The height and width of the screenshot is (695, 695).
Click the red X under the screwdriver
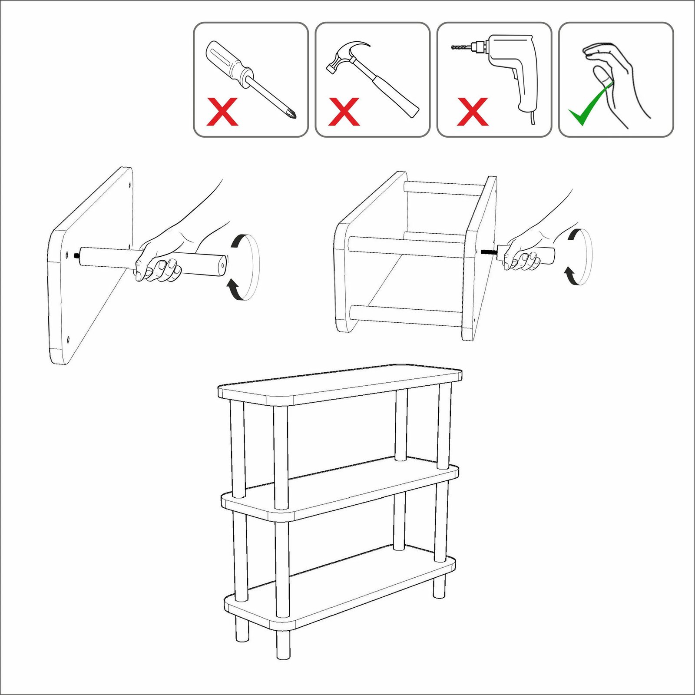pos(222,112)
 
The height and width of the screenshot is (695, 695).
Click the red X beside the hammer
pos(344,112)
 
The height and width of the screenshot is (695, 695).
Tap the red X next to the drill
pos(473,112)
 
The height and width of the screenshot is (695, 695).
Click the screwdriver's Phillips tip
pos(292,115)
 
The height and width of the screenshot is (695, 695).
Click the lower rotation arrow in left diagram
pos(235,290)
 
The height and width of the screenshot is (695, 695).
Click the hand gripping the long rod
pos(159,261)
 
